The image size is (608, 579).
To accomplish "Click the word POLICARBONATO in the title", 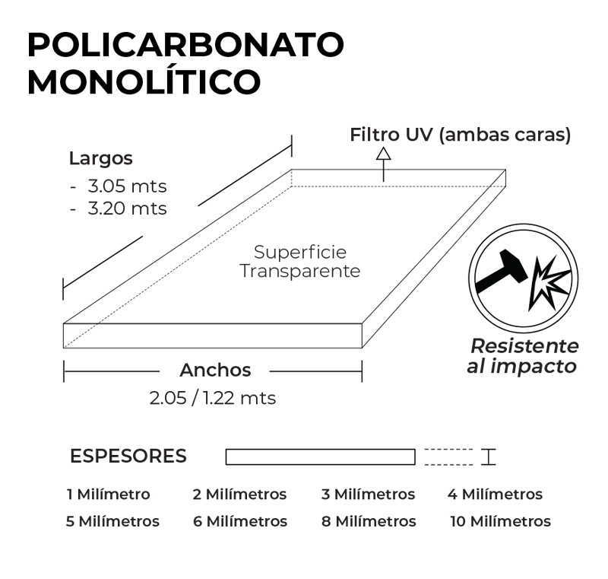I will (185, 46).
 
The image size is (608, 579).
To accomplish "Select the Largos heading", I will (100, 159).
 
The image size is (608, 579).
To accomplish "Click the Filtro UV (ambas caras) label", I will (460, 135).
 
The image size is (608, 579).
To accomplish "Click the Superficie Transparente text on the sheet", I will (300, 261).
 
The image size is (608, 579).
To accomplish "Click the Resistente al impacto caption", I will (524, 355).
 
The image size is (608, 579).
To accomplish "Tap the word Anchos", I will (215, 371).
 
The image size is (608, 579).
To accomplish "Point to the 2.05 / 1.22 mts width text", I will (213, 397).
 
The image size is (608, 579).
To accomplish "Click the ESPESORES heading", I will (128, 457).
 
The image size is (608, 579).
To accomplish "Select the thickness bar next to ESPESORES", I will (320, 457).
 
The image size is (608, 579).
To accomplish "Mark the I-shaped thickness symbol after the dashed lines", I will (488, 457).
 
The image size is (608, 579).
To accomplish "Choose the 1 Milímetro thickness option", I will (109, 495).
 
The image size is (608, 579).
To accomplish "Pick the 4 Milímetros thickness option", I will (495, 495).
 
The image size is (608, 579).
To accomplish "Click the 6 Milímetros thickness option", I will (239, 522).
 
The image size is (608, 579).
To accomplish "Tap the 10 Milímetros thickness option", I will (500, 522).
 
